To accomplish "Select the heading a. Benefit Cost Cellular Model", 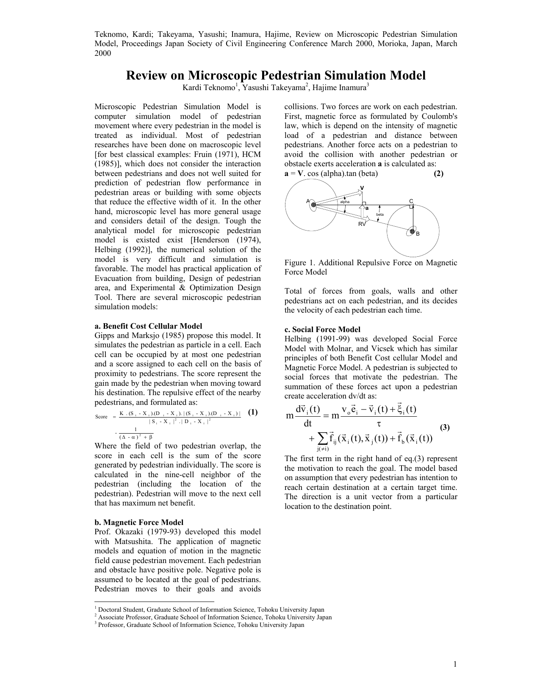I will (x=148, y=326).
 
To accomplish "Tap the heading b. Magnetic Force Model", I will (x=139, y=522).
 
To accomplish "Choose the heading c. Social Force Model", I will (x=322, y=330).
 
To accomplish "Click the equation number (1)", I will (x=252, y=412).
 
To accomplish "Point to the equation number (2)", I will (x=438, y=173).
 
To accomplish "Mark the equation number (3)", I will (x=444, y=427).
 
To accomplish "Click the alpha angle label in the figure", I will (x=345, y=202).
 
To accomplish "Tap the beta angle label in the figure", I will (x=380, y=215).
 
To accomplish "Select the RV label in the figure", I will (x=362, y=224).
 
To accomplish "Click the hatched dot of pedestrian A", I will (x=314, y=205).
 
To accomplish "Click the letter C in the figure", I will (x=411, y=201).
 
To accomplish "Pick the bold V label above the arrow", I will (x=362, y=187).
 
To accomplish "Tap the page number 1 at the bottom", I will (x=455, y=664).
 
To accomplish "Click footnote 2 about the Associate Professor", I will (x=214, y=617).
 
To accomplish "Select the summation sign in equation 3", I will (x=322, y=438).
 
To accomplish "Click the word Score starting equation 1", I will (x=102, y=417).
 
